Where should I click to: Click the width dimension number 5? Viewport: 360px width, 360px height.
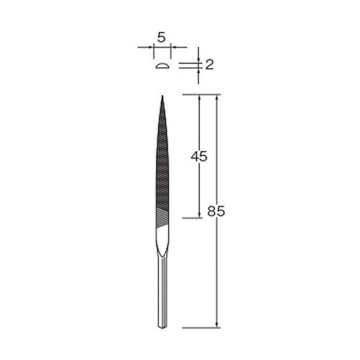(161, 37)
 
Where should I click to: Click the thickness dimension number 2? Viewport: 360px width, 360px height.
(209, 65)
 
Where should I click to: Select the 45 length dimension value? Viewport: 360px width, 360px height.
(199, 157)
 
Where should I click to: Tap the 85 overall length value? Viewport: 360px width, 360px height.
(216, 211)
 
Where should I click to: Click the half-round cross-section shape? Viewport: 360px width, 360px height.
(163, 66)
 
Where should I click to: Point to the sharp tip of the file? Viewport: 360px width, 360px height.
(163, 96)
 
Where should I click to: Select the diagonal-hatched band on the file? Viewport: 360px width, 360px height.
(163, 218)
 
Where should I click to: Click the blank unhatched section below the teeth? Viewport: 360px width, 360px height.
(163, 239)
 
